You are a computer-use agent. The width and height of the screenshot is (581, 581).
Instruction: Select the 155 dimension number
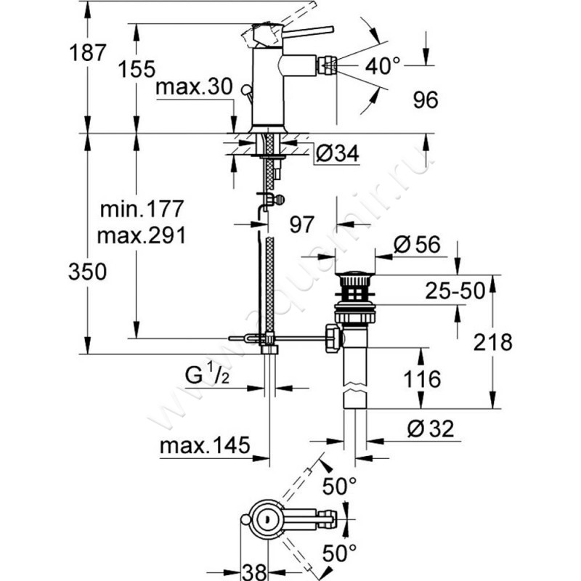[139, 69]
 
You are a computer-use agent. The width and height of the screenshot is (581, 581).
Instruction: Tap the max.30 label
[194, 88]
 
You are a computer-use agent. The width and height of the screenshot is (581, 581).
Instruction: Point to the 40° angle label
[383, 67]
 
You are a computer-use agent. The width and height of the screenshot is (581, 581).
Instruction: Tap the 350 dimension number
[88, 272]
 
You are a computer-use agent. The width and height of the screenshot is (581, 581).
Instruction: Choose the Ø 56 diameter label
[418, 245]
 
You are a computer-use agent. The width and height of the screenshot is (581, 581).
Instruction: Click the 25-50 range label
[455, 291]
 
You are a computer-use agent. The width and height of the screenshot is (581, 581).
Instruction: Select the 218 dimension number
[517, 342]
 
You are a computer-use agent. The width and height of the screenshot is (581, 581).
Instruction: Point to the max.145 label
[205, 444]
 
